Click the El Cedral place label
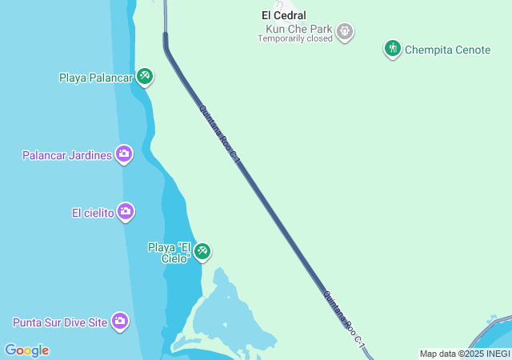pyautogui.click(x=284, y=15)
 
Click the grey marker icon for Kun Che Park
pyautogui.click(x=345, y=32)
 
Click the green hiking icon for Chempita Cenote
pyautogui.click(x=392, y=49)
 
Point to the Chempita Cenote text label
pyautogui.click(x=447, y=50)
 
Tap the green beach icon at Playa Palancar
pyautogui.click(x=145, y=77)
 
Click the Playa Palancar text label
pyautogui.click(x=95, y=78)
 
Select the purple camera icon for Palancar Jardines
pyautogui.click(x=123, y=154)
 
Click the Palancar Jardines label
pyautogui.click(x=66, y=155)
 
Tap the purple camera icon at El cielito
pyautogui.click(x=126, y=212)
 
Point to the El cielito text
pyautogui.click(x=92, y=213)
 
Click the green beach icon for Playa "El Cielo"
pyautogui.click(x=202, y=252)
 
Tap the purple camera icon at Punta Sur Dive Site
pyautogui.click(x=120, y=322)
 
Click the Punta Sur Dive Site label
pyautogui.click(x=60, y=323)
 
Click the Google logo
pyautogui.click(x=26, y=350)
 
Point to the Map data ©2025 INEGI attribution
pyautogui.click(x=465, y=354)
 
